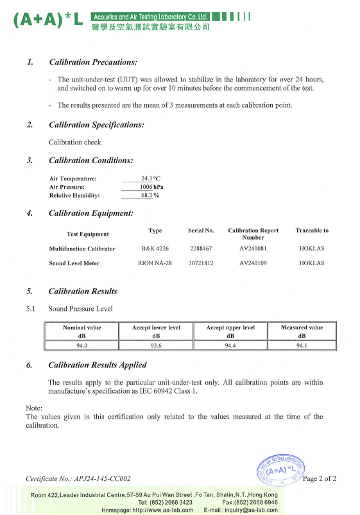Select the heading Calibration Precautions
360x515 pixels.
93,62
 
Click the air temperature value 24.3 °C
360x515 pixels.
151,179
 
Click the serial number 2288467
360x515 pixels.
201,248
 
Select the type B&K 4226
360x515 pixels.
155,248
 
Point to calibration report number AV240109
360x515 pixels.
253,263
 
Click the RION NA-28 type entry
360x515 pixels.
155,263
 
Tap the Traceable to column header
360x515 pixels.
312,231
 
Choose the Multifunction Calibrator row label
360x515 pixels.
82,249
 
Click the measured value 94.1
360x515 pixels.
302,345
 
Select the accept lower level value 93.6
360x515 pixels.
156,345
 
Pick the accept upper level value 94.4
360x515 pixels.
230,345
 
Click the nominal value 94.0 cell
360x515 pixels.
81,345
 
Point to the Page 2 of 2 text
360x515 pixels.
319,479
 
